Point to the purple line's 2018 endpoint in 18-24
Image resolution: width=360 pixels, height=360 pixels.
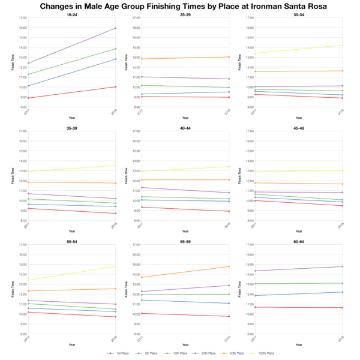[x=115, y=28]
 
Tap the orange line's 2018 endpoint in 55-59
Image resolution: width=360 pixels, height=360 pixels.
[x=229, y=266]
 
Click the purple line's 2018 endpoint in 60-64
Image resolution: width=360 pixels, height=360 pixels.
[x=342, y=266]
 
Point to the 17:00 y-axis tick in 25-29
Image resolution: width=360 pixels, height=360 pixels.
[x=136, y=18]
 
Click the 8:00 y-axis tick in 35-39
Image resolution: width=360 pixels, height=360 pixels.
[x=23, y=220]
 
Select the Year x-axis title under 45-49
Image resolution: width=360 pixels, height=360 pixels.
[x=298, y=231]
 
